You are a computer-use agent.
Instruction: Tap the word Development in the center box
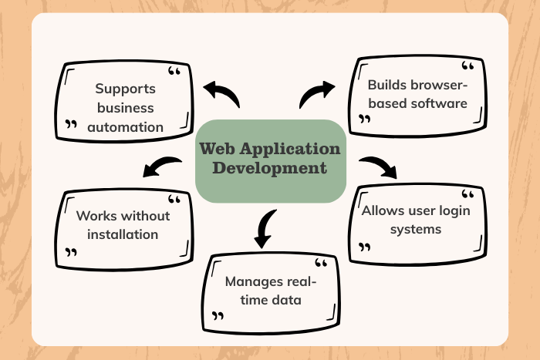270,168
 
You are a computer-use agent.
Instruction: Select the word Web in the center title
218,149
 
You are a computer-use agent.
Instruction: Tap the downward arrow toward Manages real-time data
265,227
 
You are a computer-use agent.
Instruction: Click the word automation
126,126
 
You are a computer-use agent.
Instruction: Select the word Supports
125,89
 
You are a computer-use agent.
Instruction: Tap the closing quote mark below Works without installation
72,252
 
